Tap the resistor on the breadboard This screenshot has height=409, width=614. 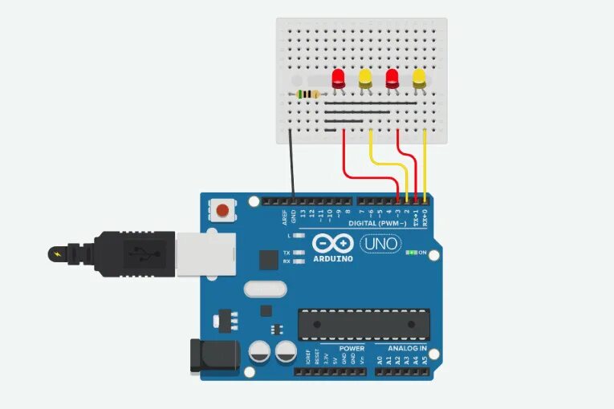coord(308,95)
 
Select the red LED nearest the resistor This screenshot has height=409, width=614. coord(339,79)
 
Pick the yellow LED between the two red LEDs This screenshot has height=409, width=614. coord(365,79)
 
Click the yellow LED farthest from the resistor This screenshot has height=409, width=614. coord(419,79)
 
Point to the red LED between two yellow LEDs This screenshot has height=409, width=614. coord(392,79)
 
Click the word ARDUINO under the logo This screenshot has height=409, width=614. coord(333,258)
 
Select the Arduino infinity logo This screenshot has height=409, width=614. coord(333,244)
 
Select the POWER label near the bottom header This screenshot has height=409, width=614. coord(352,349)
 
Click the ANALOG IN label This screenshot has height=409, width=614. coord(407,349)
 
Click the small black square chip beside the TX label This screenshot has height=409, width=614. coord(268,259)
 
